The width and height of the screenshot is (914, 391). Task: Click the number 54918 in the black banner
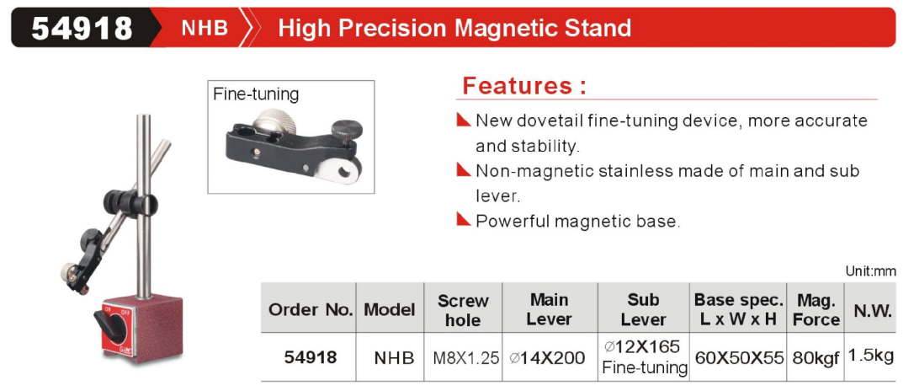(x=82, y=28)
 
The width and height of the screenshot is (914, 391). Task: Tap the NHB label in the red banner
(x=205, y=28)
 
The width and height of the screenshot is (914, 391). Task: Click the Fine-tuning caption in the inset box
(x=255, y=94)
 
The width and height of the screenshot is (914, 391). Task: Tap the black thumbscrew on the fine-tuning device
(x=346, y=131)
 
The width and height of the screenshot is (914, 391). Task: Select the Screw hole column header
(x=463, y=310)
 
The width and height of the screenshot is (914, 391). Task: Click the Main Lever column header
(x=550, y=309)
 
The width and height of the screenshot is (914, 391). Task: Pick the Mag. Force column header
(x=816, y=310)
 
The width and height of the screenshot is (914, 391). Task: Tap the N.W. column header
(x=873, y=310)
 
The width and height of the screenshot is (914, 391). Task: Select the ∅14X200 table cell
(x=546, y=357)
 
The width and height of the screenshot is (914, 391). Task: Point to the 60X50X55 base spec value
(x=738, y=357)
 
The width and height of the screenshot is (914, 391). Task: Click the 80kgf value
(x=815, y=357)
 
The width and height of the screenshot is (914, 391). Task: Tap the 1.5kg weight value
(x=871, y=356)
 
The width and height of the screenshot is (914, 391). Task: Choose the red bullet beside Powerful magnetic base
(x=464, y=220)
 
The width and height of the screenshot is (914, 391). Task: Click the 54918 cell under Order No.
(x=311, y=357)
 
